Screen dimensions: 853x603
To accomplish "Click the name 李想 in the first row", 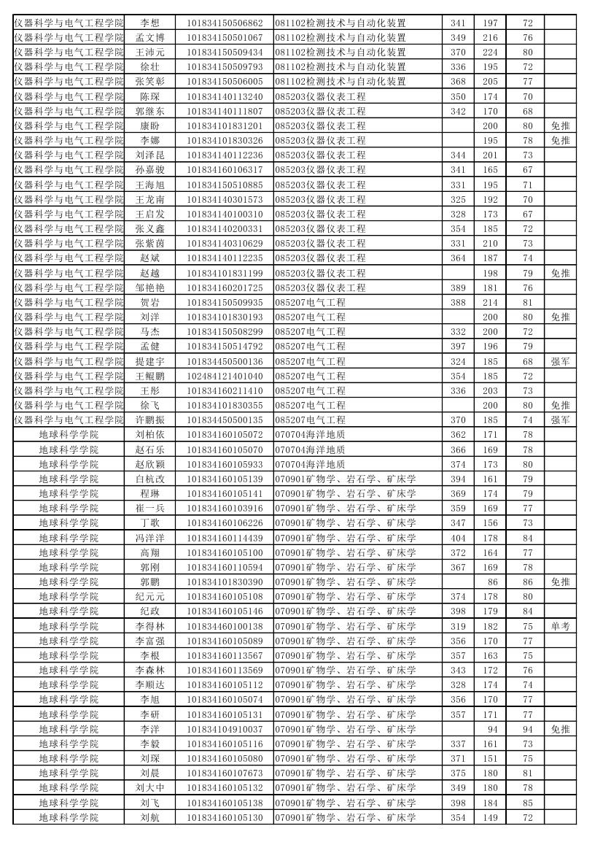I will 149,23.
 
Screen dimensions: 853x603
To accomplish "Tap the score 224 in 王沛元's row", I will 490,53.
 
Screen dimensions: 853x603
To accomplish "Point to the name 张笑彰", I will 149,82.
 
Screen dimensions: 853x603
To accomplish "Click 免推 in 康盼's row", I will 560,126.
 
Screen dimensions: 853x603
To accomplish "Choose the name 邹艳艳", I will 149,288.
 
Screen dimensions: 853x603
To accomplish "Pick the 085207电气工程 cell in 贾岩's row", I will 311,303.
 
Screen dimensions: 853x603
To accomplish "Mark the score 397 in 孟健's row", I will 458,347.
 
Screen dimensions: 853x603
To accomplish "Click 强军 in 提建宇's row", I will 560,362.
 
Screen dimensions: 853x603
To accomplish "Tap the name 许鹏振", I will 149,420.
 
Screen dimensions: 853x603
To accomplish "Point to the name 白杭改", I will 149,479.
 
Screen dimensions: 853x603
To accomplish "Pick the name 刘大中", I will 149,788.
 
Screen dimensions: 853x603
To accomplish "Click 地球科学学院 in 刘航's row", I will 69,818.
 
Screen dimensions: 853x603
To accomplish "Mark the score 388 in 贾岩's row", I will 458,303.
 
